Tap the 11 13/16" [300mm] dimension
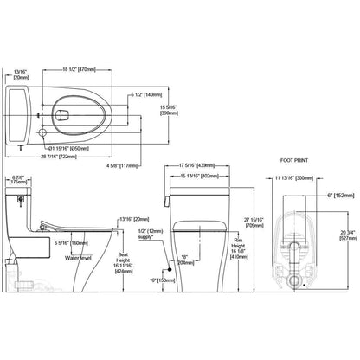pos(293,177)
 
